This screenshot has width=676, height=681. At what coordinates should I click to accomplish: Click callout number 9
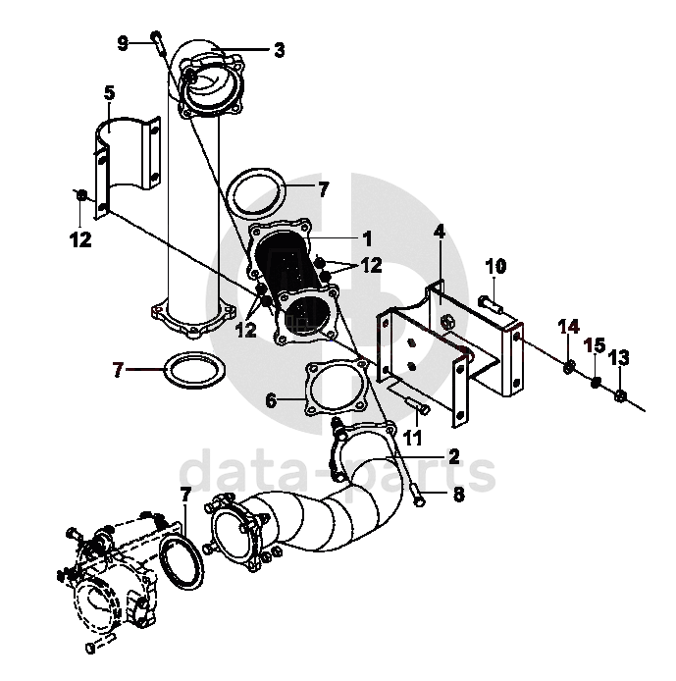(x=123, y=42)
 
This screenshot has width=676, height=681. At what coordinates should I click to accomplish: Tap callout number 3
(x=280, y=49)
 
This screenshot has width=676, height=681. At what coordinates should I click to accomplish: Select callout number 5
(x=109, y=93)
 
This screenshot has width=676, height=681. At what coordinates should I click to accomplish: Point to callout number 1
(x=367, y=237)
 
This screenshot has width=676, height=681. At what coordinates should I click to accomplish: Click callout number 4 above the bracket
(x=440, y=233)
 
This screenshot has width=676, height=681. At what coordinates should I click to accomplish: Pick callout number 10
(x=495, y=266)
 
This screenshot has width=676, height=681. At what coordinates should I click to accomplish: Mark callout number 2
(x=453, y=455)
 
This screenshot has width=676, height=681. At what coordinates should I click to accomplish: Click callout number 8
(x=459, y=497)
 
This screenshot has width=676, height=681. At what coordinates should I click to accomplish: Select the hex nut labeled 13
(x=620, y=396)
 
